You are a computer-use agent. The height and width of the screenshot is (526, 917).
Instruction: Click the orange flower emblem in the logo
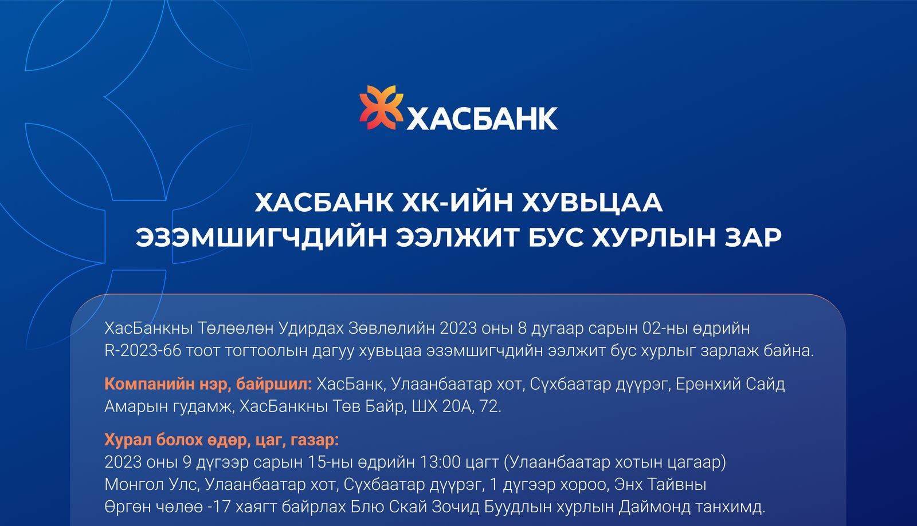click(x=381, y=108)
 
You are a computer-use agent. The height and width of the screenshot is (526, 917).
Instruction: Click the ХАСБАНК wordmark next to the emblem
click(x=481, y=118)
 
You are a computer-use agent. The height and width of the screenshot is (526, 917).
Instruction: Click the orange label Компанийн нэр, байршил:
click(x=208, y=384)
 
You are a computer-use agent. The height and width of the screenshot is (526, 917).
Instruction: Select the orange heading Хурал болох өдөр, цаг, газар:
click(x=222, y=440)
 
